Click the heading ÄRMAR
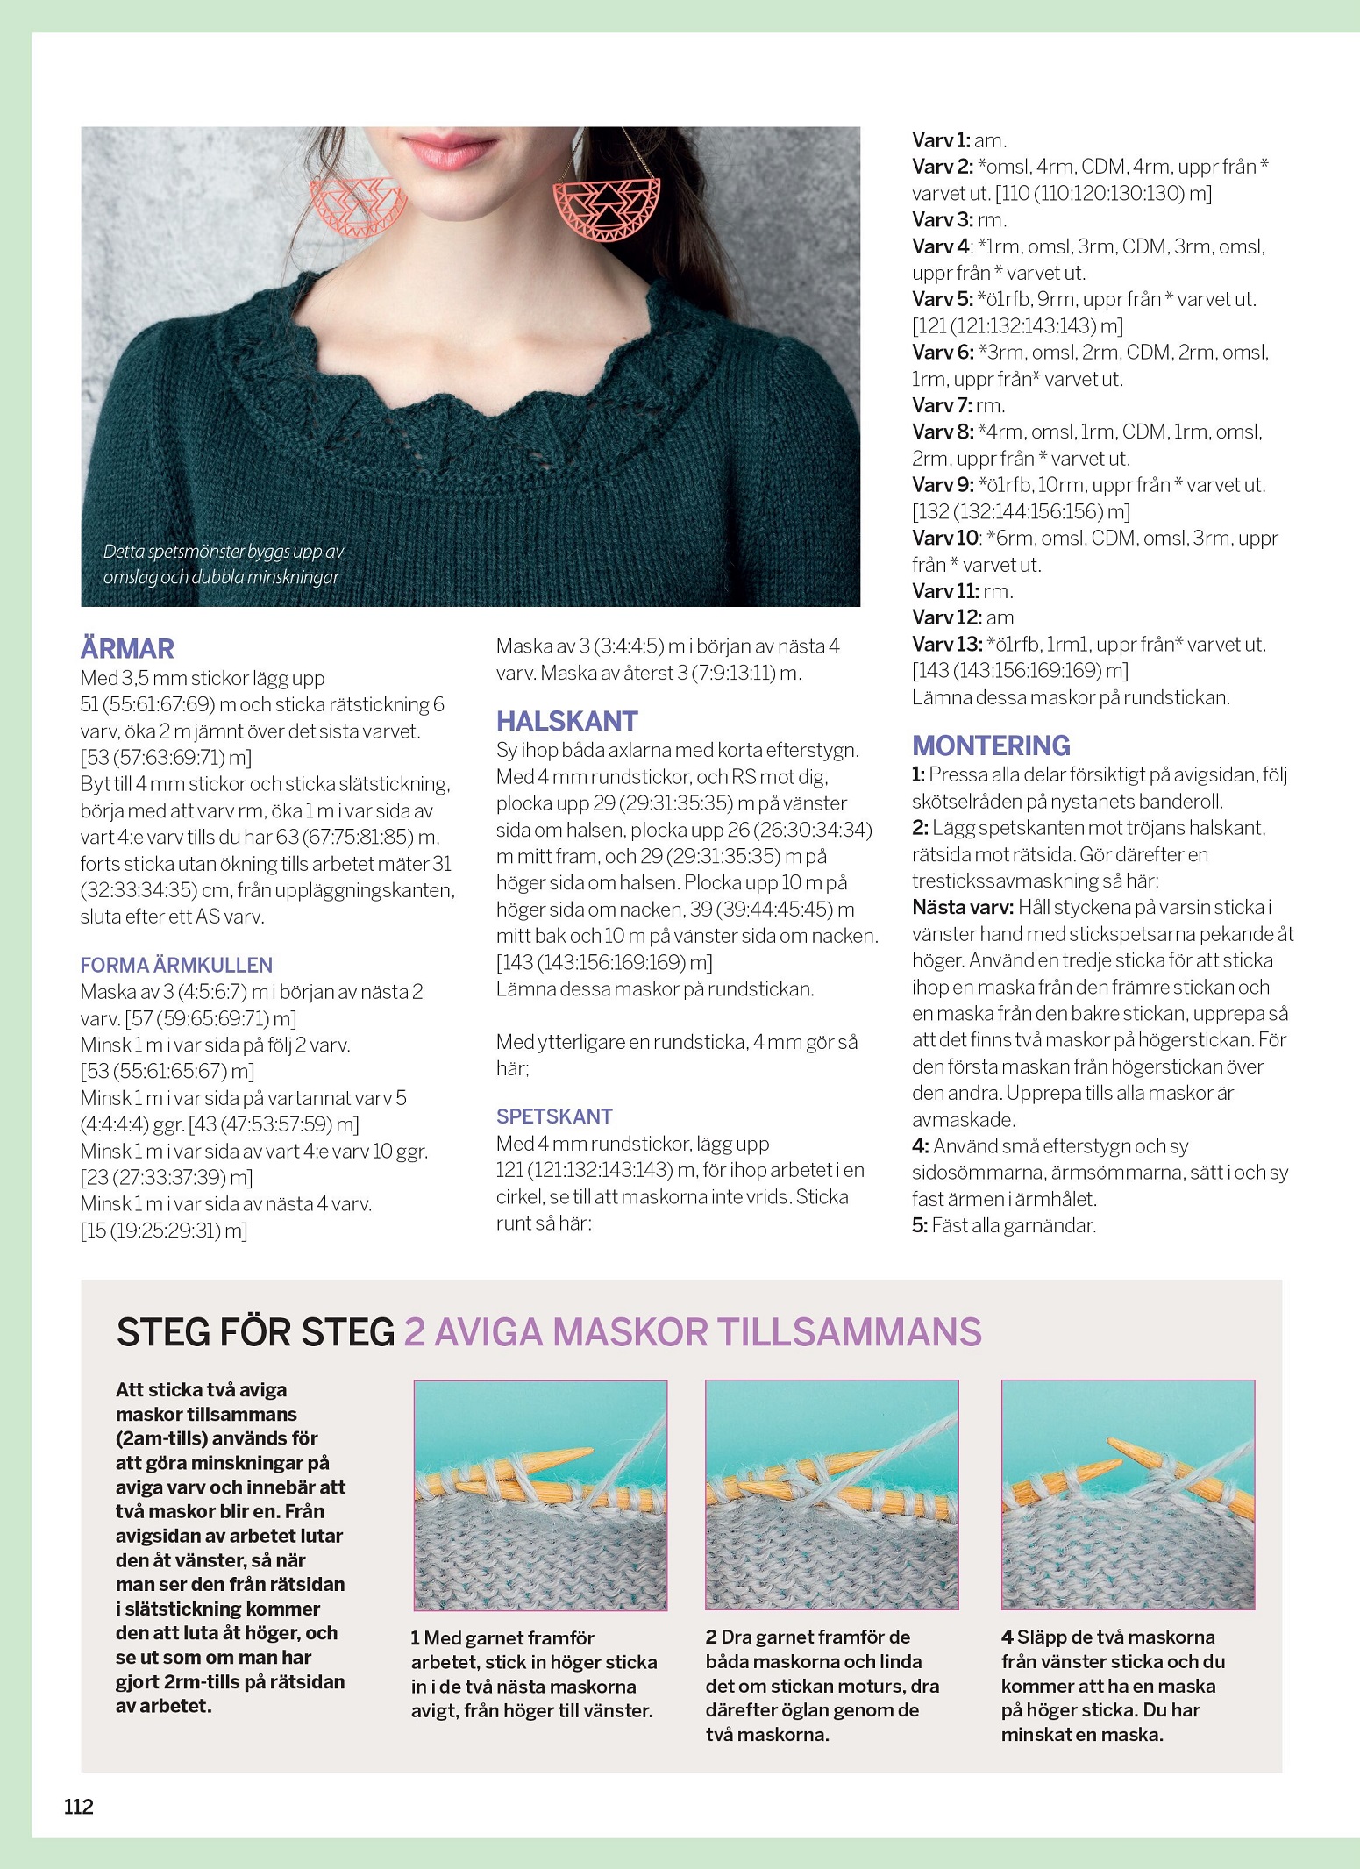127,649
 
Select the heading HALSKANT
566,721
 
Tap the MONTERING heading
991,745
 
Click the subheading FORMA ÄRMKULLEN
176,965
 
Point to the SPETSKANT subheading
554,1116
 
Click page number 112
79,1806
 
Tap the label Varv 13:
947,644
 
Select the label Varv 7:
942,405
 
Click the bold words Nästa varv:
963,907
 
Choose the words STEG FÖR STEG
255,1332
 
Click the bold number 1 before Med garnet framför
416,1638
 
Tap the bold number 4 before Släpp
1007,1637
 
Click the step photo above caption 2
831,1495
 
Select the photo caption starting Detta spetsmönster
223,564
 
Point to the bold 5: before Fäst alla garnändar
919,1225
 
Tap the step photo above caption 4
1128,1495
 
